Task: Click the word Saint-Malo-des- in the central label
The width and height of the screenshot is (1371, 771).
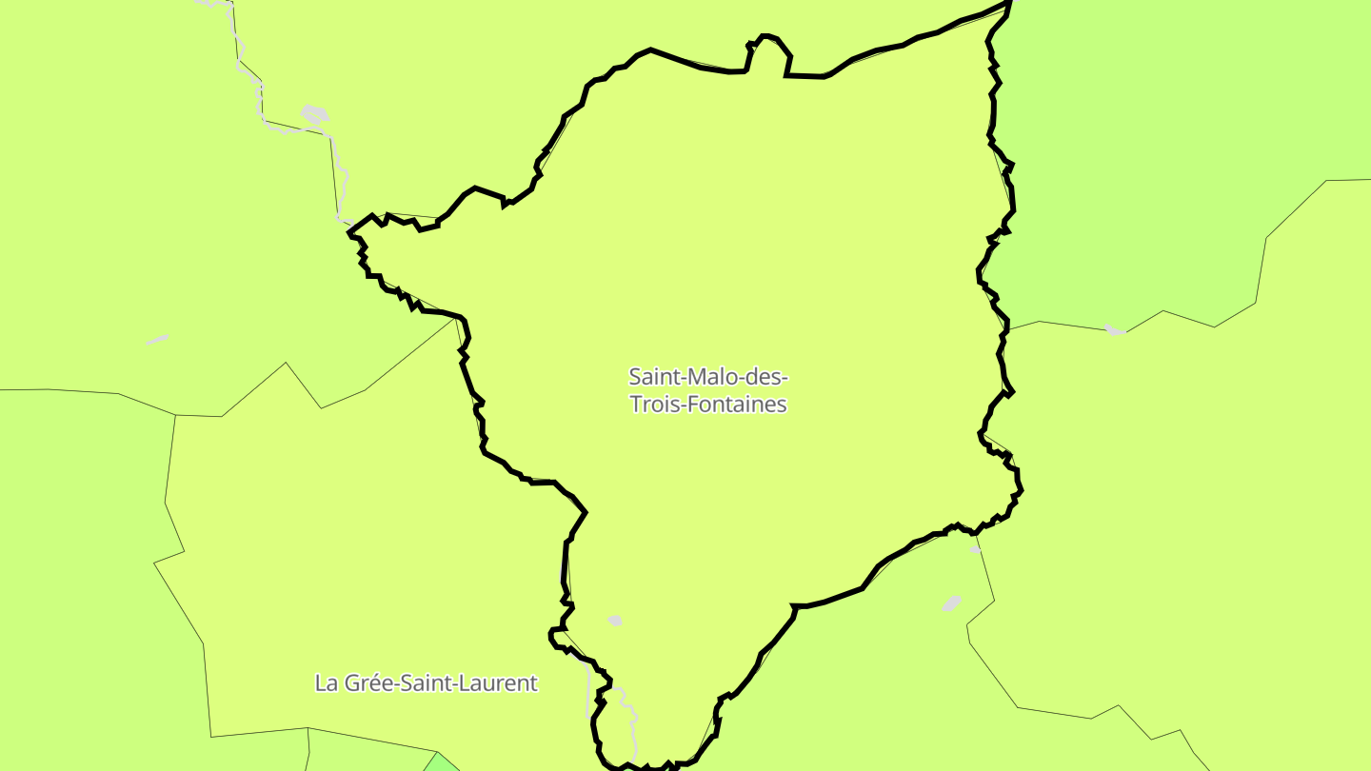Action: pos(708,376)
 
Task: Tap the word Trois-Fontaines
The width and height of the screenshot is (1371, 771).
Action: pos(708,405)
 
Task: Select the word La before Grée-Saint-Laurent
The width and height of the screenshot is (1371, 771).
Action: pos(327,682)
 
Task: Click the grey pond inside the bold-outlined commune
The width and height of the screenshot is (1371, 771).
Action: pos(615,621)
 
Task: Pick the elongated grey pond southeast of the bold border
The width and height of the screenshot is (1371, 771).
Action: pos(952,603)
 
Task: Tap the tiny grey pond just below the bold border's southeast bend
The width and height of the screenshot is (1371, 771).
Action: pos(974,550)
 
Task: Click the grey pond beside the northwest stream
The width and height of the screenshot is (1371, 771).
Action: pos(315,116)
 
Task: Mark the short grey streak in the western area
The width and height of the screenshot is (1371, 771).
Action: pos(157,339)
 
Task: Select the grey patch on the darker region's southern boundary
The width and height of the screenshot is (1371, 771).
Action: pos(1115,330)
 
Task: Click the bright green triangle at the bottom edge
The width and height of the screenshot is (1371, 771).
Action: pos(441,762)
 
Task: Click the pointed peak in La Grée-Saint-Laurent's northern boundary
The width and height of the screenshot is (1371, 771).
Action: pos(287,363)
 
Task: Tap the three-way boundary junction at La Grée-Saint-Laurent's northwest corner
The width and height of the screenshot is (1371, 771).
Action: pos(176,415)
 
